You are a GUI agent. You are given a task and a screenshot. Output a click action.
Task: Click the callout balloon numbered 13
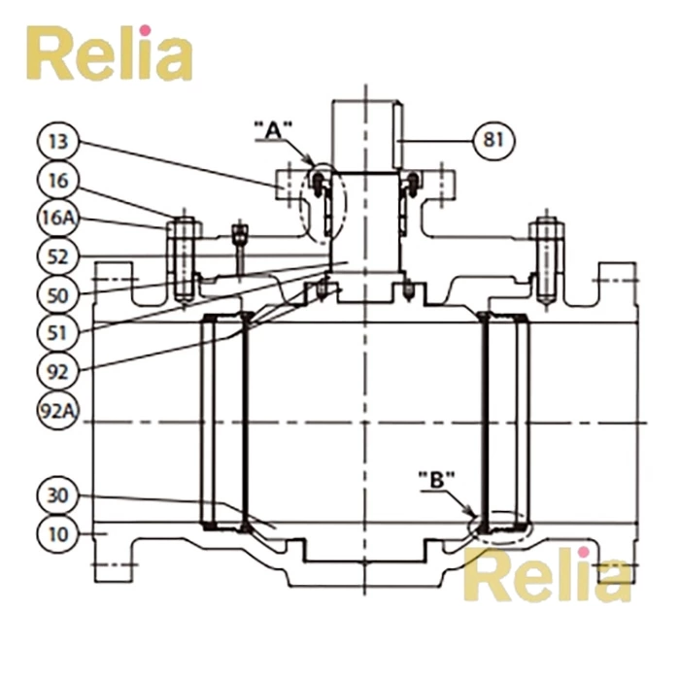coord(58,142)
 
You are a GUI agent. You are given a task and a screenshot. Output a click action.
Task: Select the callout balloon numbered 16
coord(58,180)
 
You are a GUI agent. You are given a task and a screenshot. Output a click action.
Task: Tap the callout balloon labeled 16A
coord(58,218)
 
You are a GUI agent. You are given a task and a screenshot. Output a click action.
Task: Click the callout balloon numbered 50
coord(58,293)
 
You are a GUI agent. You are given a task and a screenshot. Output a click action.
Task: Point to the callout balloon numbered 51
coord(58,331)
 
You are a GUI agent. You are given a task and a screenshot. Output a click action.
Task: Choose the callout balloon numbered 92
coord(58,369)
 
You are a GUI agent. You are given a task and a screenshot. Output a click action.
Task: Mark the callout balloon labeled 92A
coord(58,409)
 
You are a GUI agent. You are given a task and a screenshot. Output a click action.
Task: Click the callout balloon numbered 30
coord(58,495)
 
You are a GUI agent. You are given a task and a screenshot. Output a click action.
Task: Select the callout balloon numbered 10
coord(58,533)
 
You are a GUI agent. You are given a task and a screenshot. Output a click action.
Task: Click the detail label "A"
coord(273,127)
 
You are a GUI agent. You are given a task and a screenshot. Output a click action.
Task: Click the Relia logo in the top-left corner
coord(108,53)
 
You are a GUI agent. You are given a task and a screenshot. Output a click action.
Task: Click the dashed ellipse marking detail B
coord(500,525)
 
